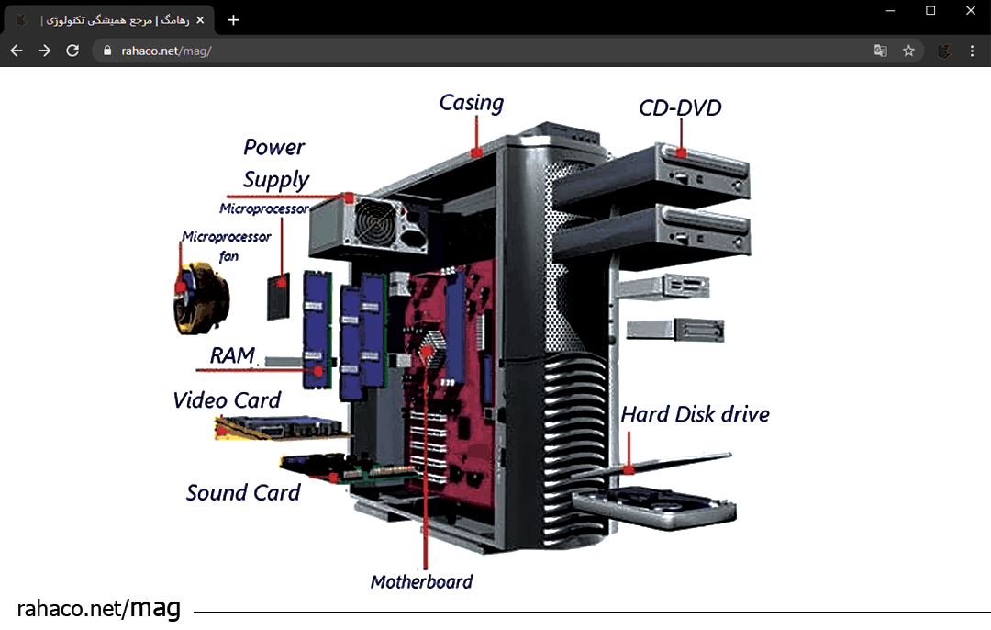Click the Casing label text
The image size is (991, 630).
click(x=471, y=103)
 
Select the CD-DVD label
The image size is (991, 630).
click(x=680, y=108)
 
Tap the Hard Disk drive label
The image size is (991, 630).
click(x=695, y=414)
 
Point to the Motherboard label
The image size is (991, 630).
click(x=421, y=581)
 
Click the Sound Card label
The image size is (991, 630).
click(x=243, y=493)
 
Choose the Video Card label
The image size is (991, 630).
click(x=227, y=400)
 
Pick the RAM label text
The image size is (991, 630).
click(x=232, y=354)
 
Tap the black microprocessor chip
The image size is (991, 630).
click(x=278, y=296)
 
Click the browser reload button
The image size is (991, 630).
click(x=72, y=51)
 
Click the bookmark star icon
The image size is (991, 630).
click(x=908, y=51)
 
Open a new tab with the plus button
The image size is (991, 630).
click(x=233, y=19)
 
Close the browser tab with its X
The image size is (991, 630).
click(x=200, y=19)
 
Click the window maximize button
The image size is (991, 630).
click(x=930, y=10)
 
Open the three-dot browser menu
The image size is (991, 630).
click(x=972, y=51)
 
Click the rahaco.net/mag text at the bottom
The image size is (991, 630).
click(x=98, y=607)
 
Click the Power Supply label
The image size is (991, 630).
click(x=275, y=163)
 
